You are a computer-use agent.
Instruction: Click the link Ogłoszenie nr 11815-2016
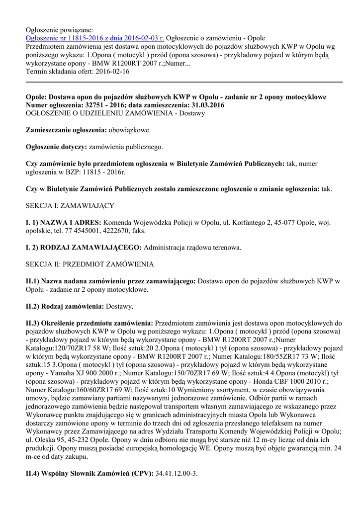coord(94,38)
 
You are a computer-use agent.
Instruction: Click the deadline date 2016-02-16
coord(112,72)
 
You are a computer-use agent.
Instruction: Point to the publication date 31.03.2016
coord(204,105)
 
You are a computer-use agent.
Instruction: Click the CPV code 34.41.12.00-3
coord(177,473)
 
